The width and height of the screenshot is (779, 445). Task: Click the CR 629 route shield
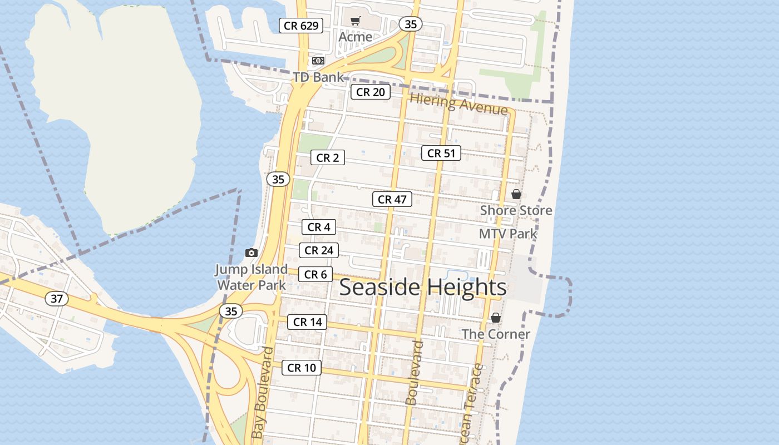(x=301, y=26)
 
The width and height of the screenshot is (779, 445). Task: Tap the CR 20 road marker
(x=370, y=92)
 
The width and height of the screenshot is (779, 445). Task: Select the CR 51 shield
(x=441, y=153)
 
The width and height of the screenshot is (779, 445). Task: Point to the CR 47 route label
(x=392, y=199)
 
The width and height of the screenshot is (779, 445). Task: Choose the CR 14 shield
(x=307, y=322)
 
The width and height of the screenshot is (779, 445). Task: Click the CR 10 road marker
(x=302, y=368)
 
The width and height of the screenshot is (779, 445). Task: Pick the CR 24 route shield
(x=319, y=250)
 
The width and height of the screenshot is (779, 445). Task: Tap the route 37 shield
(x=57, y=299)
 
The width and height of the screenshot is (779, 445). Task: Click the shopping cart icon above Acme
(x=355, y=21)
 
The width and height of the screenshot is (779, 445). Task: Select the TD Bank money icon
(x=318, y=60)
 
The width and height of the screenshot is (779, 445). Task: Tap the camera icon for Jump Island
(x=252, y=253)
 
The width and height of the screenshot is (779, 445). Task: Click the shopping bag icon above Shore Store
(x=516, y=194)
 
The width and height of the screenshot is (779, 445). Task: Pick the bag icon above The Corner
(x=495, y=318)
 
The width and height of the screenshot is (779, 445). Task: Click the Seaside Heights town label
(x=423, y=288)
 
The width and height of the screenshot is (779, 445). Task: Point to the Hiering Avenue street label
(x=459, y=103)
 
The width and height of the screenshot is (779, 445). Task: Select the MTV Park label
(x=508, y=234)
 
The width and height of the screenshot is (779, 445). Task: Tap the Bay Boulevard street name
(x=262, y=393)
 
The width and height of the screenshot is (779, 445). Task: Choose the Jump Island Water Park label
(x=252, y=278)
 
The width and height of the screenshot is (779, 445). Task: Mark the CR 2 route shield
(x=327, y=158)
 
